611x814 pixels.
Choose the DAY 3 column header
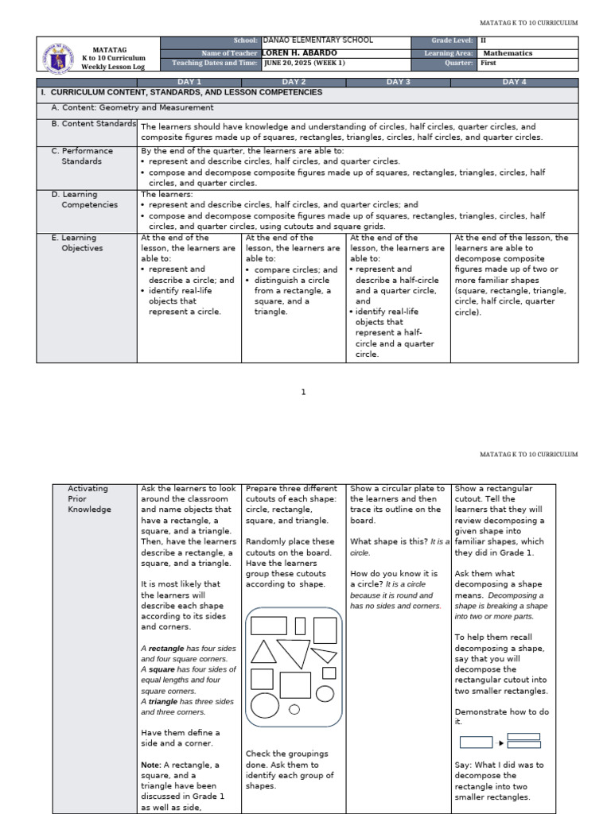398,82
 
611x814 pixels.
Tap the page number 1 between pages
303,392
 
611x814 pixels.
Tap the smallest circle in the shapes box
294,709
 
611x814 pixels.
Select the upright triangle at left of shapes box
263,652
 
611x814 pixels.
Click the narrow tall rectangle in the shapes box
300,626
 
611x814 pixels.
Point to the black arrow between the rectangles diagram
501,743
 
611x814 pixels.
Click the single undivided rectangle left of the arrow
476,743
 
